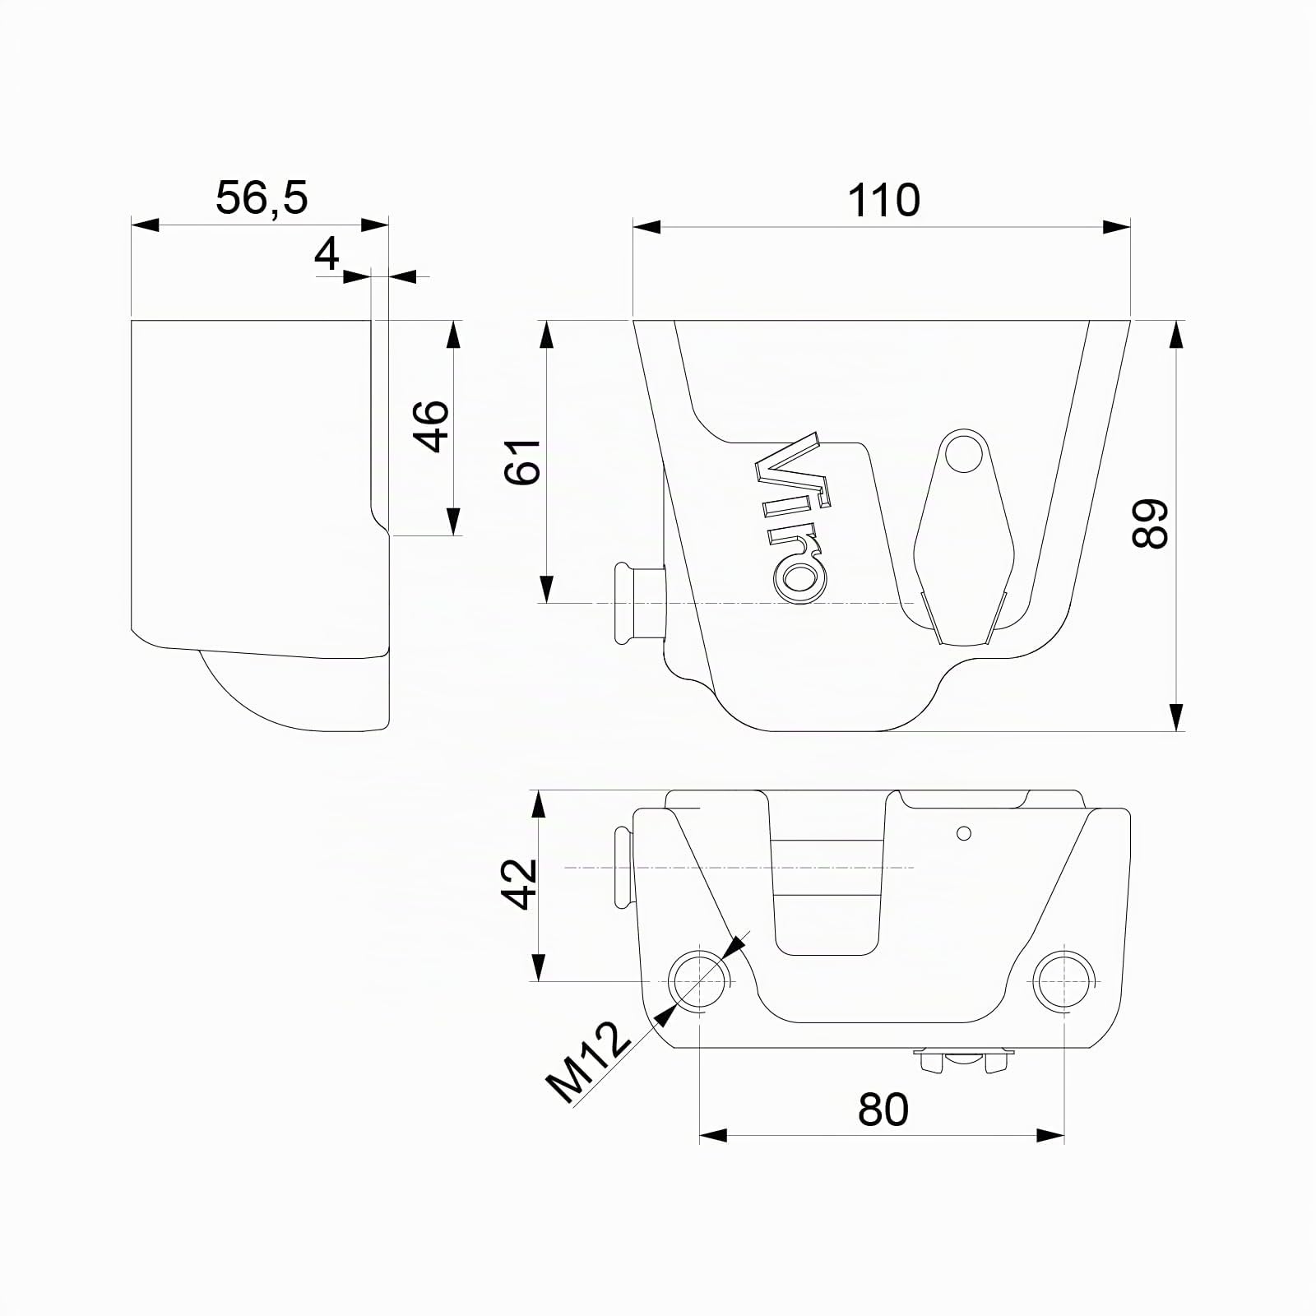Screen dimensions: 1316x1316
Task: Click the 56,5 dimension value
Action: [262, 198]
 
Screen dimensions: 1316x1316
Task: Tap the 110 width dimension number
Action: [883, 201]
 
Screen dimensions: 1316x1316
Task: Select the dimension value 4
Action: [327, 254]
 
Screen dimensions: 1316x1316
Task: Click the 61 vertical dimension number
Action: [523, 462]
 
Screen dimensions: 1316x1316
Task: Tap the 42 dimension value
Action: [520, 884]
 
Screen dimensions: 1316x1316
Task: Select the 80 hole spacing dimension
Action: [883, 1110]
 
